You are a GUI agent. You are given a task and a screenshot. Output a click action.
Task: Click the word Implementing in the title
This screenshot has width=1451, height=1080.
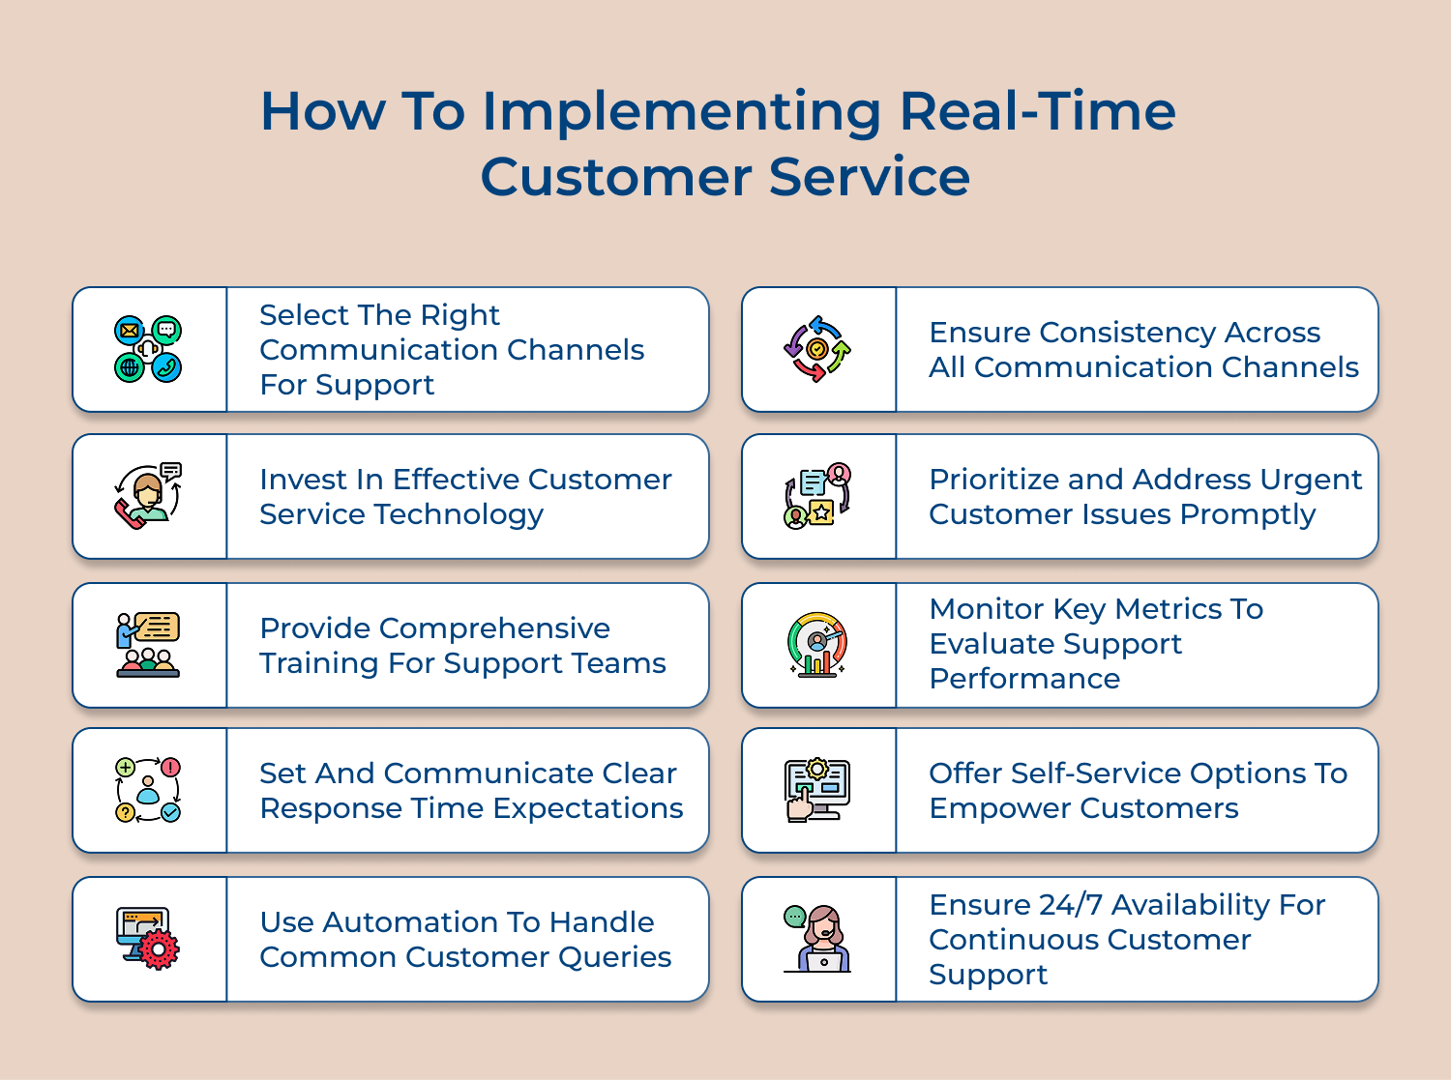(x=681, y=112)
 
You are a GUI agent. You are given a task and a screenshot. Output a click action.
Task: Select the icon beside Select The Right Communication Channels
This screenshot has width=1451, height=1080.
(x=148, y=349)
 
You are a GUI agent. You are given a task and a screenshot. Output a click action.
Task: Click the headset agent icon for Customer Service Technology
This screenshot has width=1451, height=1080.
(x=148, y=496)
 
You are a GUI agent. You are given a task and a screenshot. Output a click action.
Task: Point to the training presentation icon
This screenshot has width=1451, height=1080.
(x=148, y=645)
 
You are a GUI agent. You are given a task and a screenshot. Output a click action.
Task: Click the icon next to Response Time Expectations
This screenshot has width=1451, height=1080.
(x=148, y=790)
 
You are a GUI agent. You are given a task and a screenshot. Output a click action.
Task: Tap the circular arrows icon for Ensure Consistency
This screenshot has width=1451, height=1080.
(x=817, y=349)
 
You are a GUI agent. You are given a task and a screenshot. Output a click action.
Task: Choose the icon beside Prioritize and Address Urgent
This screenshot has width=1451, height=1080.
(x=817, y=496)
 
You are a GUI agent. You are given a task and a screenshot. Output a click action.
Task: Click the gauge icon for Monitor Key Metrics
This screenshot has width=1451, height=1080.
(x=817, y=645)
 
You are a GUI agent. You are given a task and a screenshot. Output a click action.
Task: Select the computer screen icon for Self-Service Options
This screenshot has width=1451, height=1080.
(x=817, y=790)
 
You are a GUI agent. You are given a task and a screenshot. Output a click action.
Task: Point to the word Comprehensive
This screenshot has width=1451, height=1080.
(x=494, y=628)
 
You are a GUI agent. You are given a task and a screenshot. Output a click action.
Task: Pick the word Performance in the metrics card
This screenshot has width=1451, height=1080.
(x=1024, y=679)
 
